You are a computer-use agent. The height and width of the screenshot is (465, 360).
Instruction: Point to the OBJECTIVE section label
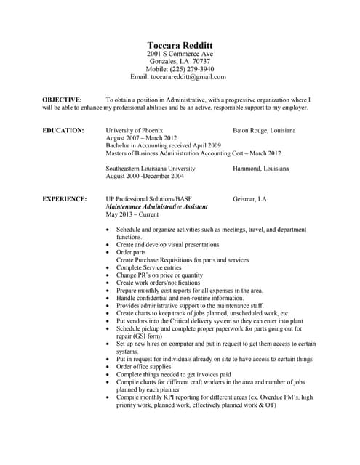(x=62, y=99)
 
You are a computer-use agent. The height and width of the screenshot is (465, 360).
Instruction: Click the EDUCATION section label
(x=63, y=130)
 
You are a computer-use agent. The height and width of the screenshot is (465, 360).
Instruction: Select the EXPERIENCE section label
(x=65, y=198)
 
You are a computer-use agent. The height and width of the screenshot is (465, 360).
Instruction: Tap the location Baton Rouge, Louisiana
(x=264, y=130)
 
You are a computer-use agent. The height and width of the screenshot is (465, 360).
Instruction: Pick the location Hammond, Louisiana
(x=260, y=169)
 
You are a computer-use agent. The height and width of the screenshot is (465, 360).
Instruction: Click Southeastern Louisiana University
(x=151, y=169)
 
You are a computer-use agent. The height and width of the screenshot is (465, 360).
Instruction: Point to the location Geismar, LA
(x=249, y=198)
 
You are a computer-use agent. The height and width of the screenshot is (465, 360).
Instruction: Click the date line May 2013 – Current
(x=132, y=214)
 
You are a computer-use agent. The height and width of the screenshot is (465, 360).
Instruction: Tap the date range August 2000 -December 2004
(x=145, y=176)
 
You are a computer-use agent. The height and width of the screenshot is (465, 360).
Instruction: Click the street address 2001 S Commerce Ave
(x=180, y=54)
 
